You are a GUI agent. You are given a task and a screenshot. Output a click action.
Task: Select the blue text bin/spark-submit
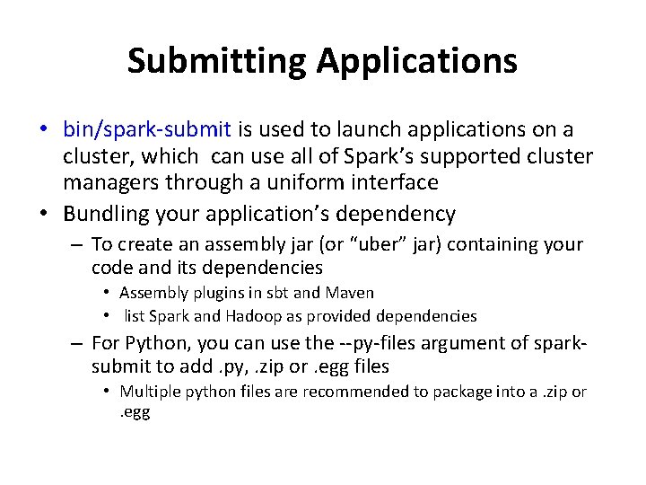(x=147, y=131)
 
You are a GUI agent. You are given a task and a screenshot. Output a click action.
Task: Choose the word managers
(x=108, y=182)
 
